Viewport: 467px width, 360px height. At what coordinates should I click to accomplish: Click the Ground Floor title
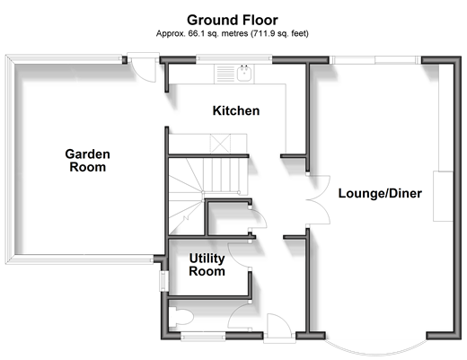233,21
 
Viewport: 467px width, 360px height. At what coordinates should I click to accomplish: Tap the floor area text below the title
233,33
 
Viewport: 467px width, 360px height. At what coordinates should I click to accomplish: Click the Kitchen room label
236,110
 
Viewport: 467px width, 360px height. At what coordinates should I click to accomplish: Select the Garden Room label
87,161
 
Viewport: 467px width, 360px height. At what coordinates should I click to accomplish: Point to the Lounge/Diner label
380,193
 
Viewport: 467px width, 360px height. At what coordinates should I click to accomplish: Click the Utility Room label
207,265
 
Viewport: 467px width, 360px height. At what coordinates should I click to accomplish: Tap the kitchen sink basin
244,73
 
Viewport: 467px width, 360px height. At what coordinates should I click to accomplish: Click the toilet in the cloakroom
181,317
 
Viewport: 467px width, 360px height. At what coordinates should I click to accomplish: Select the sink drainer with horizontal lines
225,74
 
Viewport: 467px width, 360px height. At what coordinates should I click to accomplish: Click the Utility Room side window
163,281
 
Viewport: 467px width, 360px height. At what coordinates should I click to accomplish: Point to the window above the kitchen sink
234,59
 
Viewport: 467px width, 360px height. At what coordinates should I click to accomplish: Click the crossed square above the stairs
220,144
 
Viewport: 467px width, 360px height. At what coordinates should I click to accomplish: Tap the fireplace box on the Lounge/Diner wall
443,197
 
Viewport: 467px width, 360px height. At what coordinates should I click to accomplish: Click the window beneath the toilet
203,336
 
